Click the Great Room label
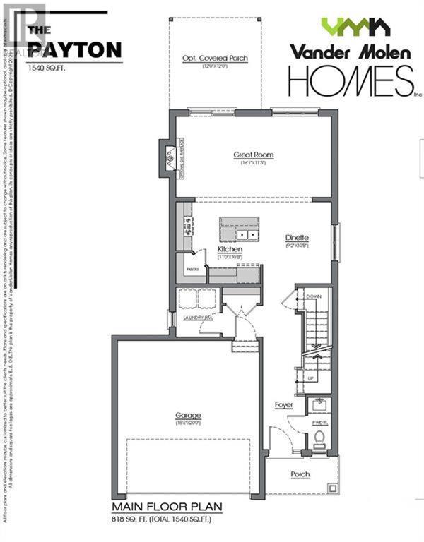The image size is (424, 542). pyautogui.click(x=254, y=155)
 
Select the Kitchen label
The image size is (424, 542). pyautogui.click(x=230, y=250)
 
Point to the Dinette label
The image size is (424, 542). pyautogui.click(x=298, y=238)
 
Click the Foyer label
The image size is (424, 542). pyautogui.click(x=284, y=405)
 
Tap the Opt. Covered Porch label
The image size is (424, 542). pyautogui.click(x=215, y=58)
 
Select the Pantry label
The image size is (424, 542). pyautogui.click(x=192, y=270)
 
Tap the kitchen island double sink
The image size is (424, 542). pyautogui.click(x=247, y=234)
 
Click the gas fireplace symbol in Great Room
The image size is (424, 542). pyautogui.click(x=170, y=159)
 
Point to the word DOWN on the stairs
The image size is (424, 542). pyautogui.click(x=315, y=298)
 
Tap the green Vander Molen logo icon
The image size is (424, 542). pyautogui.click(x=355, y=27)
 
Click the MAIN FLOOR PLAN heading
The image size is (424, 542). pyautogui.click(x=167, y=507)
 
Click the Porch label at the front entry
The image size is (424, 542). pyautogui.click(x=300, y=474)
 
